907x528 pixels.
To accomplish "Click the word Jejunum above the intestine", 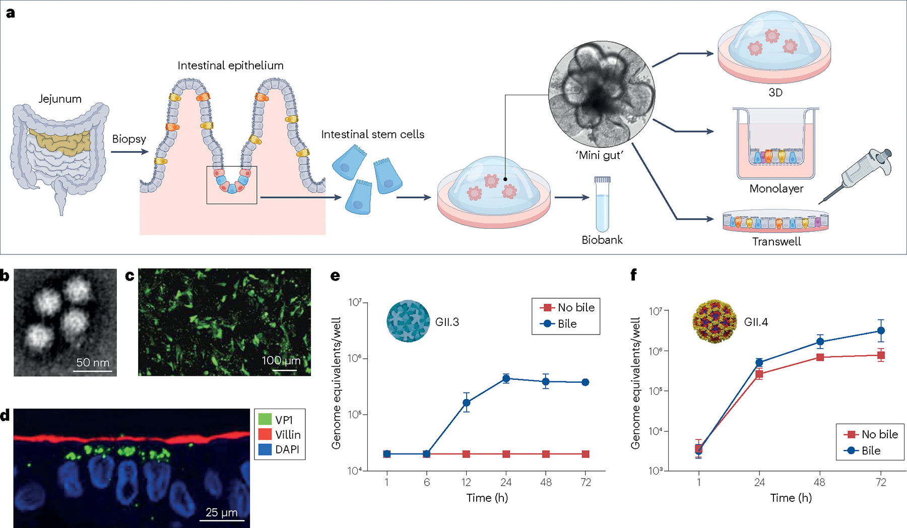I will [60, 99].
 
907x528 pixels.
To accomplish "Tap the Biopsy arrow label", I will [129, 139].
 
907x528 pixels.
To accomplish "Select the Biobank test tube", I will [602, 204].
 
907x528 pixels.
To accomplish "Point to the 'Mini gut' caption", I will [600, 155].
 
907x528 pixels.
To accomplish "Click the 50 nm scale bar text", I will [93, 363].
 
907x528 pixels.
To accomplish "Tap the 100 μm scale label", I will [281, 360].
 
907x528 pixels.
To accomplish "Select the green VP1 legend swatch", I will [265, 419].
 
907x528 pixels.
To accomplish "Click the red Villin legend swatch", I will [265, 434].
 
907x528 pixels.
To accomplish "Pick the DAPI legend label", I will [287, 449].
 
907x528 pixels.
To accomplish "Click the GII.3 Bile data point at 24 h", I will [506, 378].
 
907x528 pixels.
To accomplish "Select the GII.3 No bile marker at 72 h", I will [586, 454].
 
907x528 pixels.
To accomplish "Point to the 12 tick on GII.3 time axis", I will [466, 482].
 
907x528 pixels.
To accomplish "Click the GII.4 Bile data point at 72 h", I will [881, 331].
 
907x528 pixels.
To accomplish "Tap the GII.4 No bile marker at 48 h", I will [820, 357].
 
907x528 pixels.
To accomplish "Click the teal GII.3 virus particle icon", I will [408, 321].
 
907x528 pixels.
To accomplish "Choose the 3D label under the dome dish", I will [775, 93].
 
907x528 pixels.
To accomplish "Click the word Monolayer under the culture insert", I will [776, 188].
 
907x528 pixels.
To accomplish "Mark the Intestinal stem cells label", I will [373, 135].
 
